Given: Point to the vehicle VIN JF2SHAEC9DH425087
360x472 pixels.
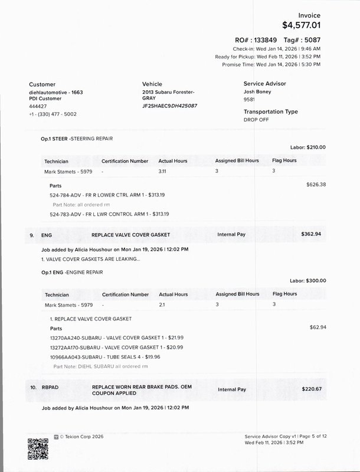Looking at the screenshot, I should click(169, 106).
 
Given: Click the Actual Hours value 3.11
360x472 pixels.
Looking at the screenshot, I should click(164, 172).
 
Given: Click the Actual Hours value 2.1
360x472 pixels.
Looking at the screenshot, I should click(162, 305).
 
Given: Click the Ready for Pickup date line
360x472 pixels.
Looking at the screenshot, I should click(270, 56).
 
